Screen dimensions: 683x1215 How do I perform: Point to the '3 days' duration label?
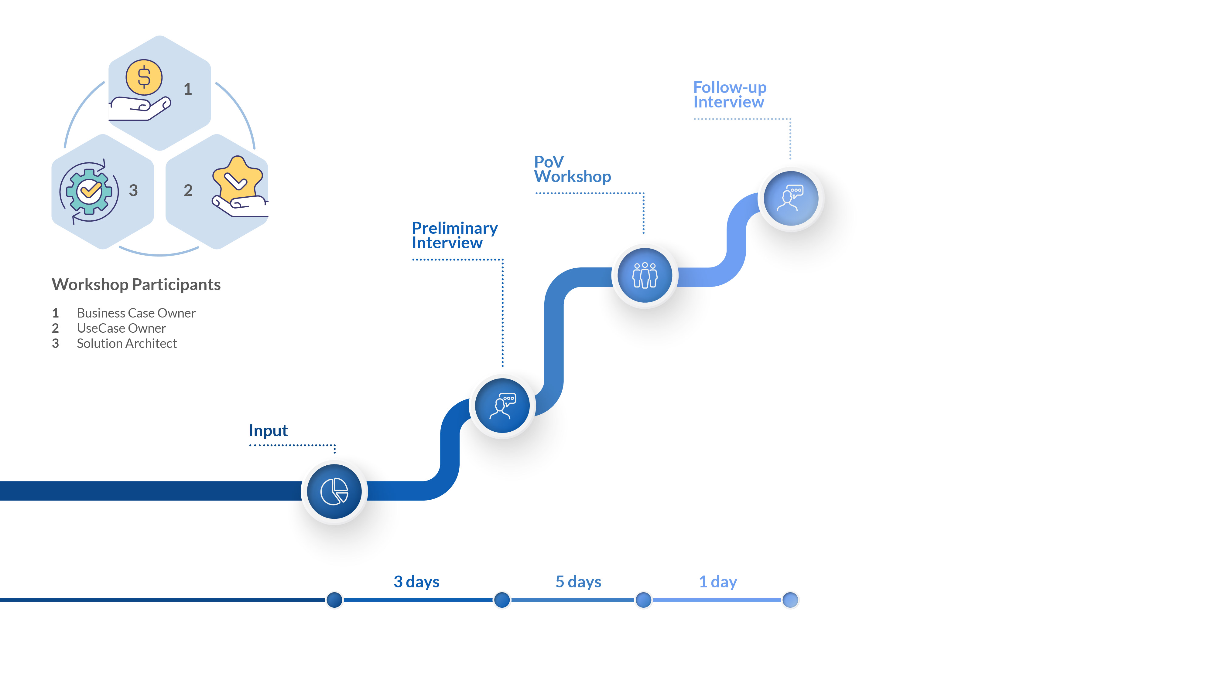pyautogui.click(x=416, y=582)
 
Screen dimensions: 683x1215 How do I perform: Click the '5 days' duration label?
pyautogui.click(x=578, y=582)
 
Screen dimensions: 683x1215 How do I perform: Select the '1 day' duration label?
pyautogui.click(x=718, y=582)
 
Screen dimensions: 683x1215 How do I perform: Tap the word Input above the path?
pyautogui.click(x=268, y=430)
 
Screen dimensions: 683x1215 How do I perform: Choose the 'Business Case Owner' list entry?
pyautogui.click(x=136, y=313)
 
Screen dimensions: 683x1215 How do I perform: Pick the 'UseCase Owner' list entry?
pyautogui.click(x=121, y=328)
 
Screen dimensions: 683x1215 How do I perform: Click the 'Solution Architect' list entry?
pyautogui.click(x=126, y=343)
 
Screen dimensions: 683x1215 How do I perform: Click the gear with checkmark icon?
pyautogui.click(x=89, y=191)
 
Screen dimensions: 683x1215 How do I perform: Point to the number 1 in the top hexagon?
pyautogui.click(x=188, y=89)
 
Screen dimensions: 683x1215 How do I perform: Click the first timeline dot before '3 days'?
pyautogui.click(x=334, y=600)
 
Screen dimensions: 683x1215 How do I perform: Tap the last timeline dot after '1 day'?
pyautogui.click(x=790, y=600)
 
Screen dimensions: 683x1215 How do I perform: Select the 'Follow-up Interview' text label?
pyautogui.click(x=730, y=95)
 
